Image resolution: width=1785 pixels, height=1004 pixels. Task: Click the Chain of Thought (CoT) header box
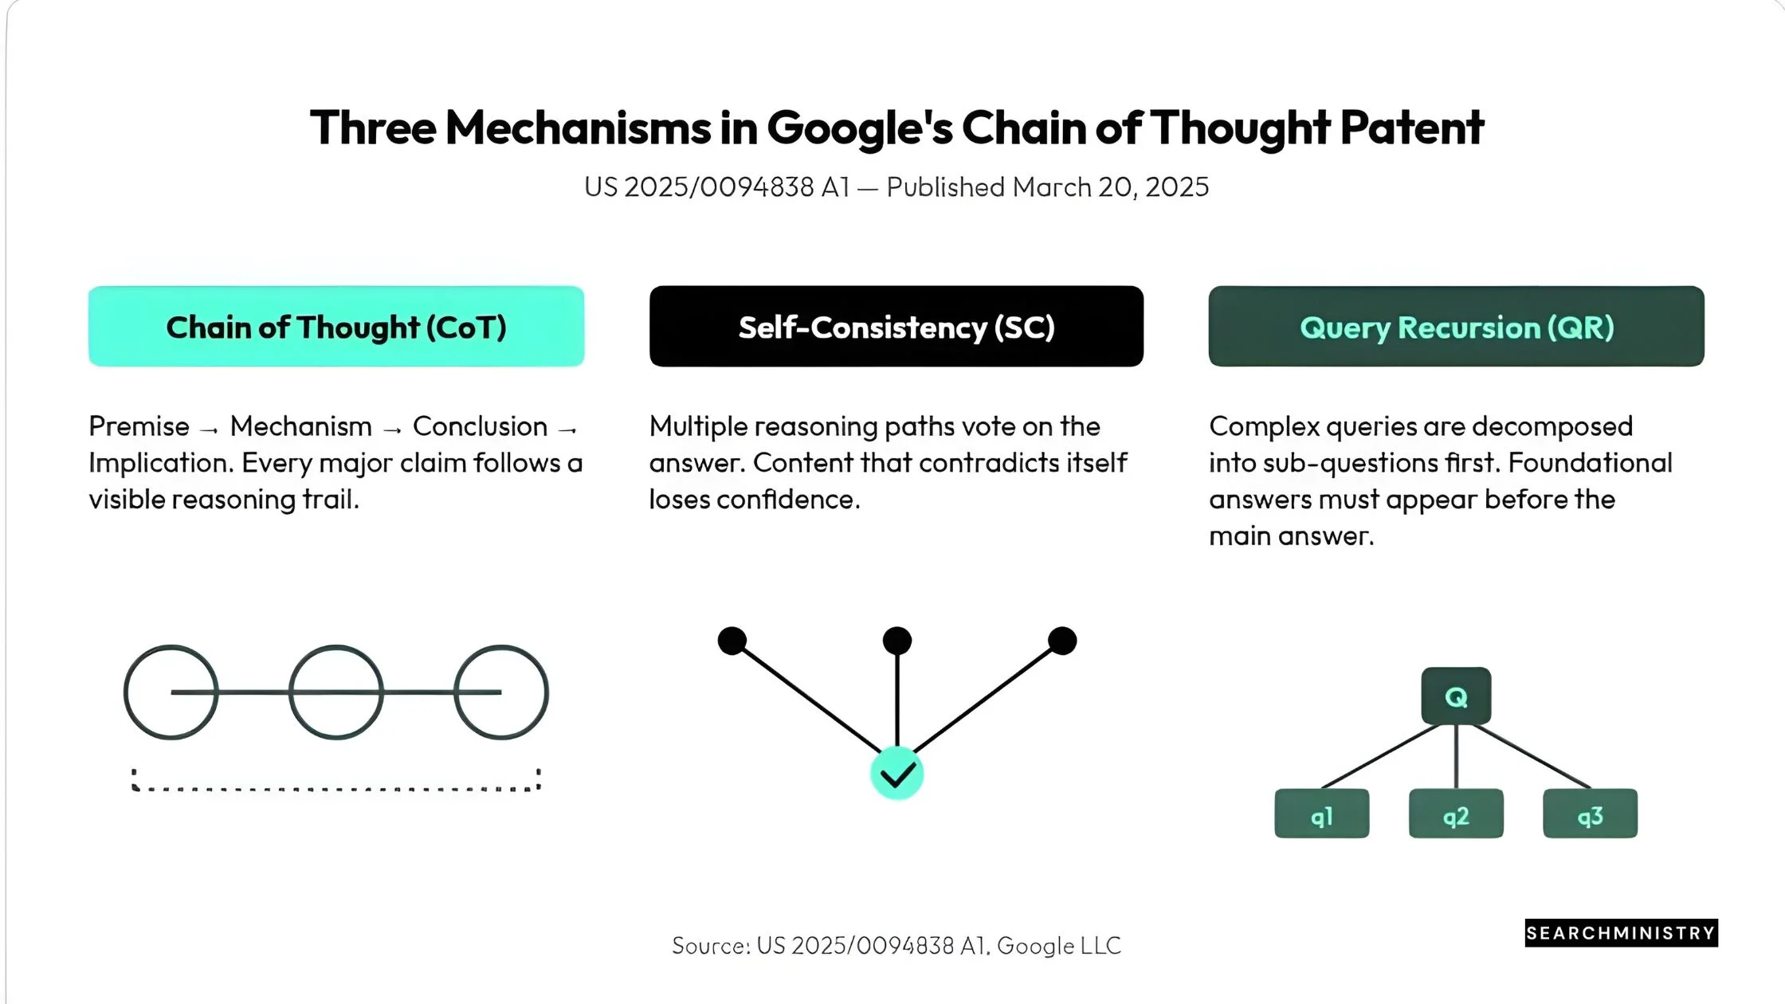point(336,326)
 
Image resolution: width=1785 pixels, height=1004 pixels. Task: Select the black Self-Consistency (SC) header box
point(896,326)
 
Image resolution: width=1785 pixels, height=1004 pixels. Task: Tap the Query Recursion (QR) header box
point(1457,326)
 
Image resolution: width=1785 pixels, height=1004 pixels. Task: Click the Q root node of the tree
point(1456,696)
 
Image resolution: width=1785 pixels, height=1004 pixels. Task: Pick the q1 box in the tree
point(1322,814)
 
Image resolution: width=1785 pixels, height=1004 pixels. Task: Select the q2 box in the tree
point(1456,814)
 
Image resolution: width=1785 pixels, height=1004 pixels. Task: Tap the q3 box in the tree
point(1591,814)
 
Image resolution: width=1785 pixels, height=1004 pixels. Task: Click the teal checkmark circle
point(897,773)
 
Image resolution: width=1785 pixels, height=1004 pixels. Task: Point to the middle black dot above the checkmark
point(897,641)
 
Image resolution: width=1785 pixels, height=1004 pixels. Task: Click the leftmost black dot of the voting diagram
point(732,641)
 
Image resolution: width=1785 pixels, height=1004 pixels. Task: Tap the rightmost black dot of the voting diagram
point(1062,641)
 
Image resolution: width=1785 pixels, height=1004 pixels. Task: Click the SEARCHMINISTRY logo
point(1622,933)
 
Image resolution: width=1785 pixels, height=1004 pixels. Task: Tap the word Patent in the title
point(1412,127)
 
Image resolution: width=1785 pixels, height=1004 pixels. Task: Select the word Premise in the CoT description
point(139,426)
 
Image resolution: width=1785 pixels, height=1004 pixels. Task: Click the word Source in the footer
point(709,946)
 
